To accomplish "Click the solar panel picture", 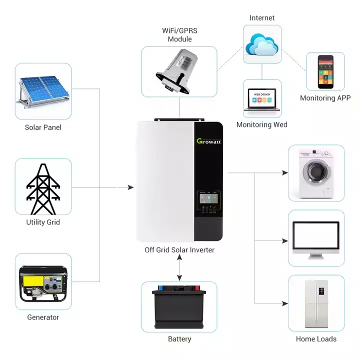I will pyautogui.click(x=42, y=90).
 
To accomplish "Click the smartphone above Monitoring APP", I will pyautogui.click(x=325, y=71).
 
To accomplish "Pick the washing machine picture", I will pyautogui.click(x=316, y=172).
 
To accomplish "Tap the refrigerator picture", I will pyautogui.click(x=316, y=303).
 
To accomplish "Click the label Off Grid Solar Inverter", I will pyautogui.click(x=179, y=249).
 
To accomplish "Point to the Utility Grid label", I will pyautogui.click(x=43, y=222).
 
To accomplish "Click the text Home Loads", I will pyautogui.click(x=316, y=339).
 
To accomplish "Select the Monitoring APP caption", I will pyautogui.click(x=325, y=98).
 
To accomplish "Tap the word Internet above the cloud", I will pyautogui.click(x=262, y=18).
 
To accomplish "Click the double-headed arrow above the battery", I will pyautogui.click(x=179, y=270).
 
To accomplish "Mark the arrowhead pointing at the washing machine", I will pyautogui.click(x=285, y=173).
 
